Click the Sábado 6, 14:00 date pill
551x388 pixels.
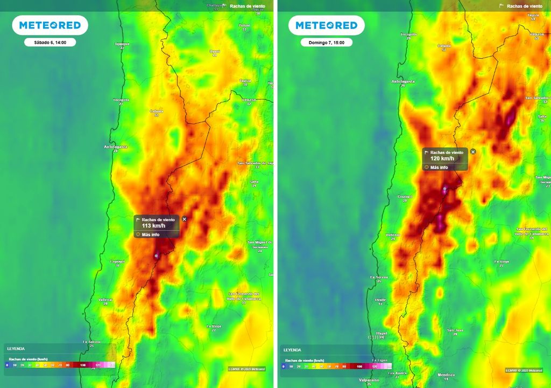coord(50,42)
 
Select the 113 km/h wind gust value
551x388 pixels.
coord(154,226)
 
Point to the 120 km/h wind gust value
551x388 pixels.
coord(442,159)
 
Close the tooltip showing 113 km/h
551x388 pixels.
coord(185,219)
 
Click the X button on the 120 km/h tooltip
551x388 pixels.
coord(473,152)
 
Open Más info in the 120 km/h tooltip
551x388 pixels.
coord(439,168)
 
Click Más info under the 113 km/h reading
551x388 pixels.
coord(150,234)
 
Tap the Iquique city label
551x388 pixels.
coord(122,44)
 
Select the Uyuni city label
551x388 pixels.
coord(215,51)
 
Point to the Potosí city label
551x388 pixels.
coord(244,25)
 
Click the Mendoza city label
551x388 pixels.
coord(446,375)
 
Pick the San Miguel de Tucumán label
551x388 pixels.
coord(259,244)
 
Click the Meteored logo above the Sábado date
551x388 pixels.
coord(50,25)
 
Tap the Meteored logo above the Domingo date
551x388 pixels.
coord(327,25)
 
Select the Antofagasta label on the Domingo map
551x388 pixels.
coord(402,82)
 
